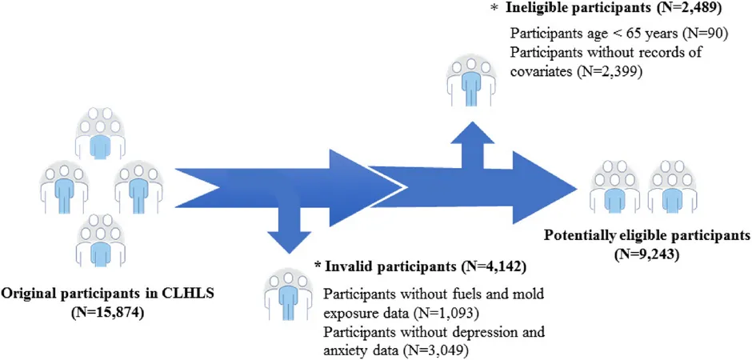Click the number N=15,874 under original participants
[107, 313]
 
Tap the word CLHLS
[193, 293]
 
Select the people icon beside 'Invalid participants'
[288, 294]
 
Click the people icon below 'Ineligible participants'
[471, 80]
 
